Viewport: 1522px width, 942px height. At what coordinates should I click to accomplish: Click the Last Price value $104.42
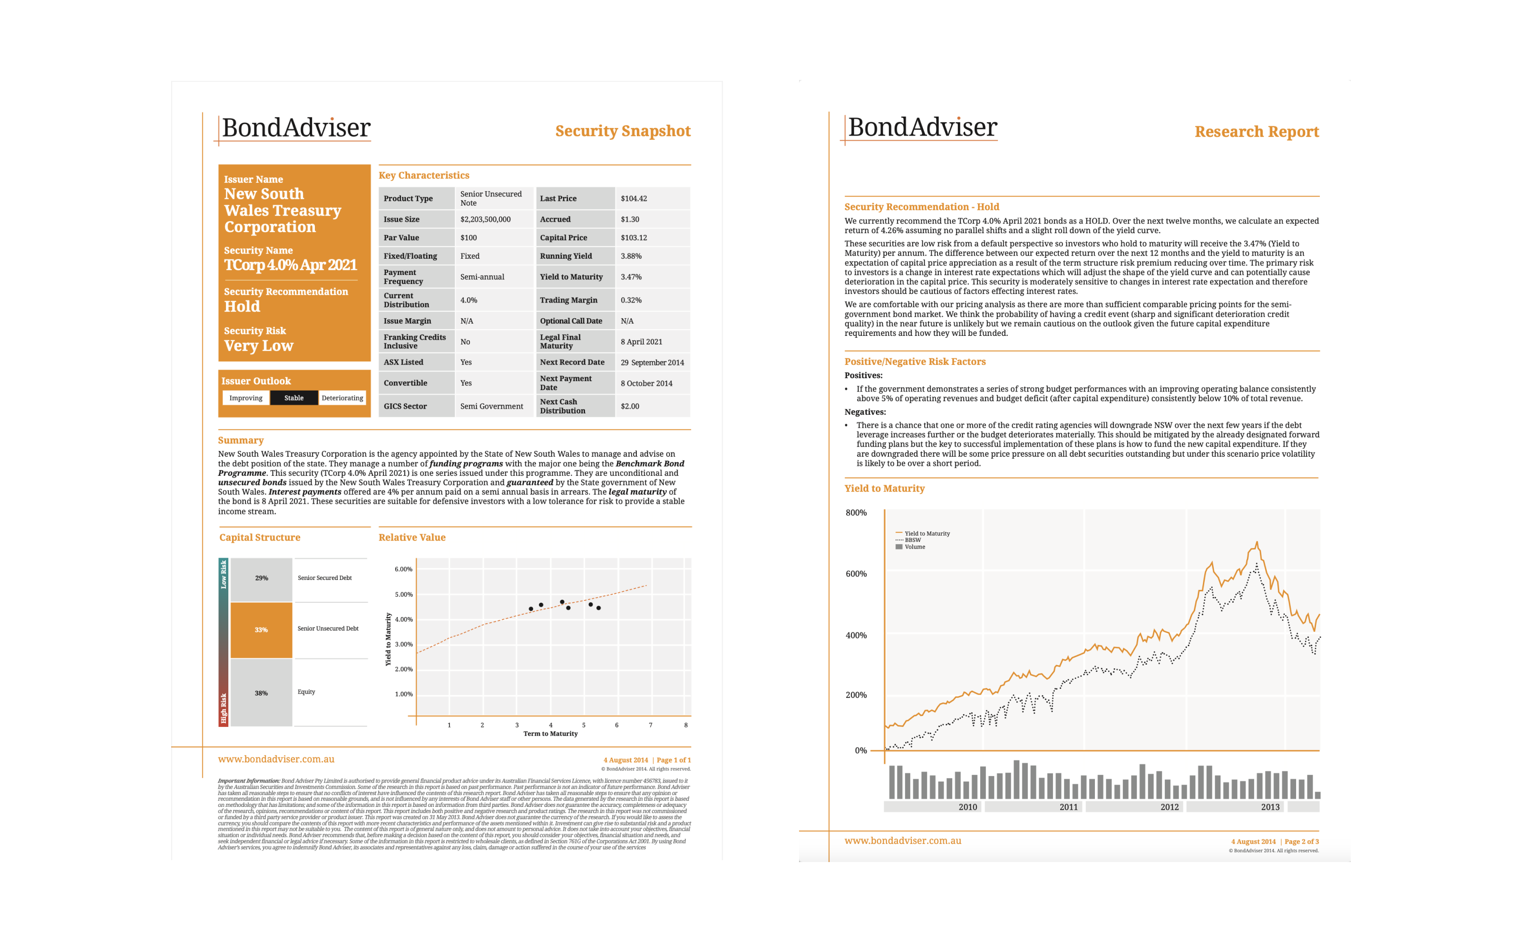[x=634, y=199]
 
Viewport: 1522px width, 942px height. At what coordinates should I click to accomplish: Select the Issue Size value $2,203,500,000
[x=485, y=219]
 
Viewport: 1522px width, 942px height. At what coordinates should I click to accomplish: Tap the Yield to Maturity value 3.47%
[x=631, y=276]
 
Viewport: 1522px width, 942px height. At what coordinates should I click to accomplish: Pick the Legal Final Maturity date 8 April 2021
[x=641, y=342]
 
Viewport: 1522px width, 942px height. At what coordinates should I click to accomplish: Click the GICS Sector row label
[x=405, y=406]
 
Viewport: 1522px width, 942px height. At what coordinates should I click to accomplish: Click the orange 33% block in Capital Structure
[x=261, y=630]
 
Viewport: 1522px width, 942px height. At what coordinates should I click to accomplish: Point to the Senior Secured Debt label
[x=324, y=578]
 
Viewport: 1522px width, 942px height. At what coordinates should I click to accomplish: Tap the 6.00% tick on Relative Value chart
[x=403, y=569]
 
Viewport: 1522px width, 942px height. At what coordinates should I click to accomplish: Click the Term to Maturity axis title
[x=550, y=734]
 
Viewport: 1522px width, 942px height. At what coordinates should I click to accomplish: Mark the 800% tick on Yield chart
[x=856, y=513]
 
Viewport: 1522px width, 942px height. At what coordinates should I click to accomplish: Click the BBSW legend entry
[x=912, y=540]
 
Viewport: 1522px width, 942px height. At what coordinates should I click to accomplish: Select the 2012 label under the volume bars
[x=1169, y=807]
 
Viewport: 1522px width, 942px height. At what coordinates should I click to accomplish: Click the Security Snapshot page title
[x=622, y=131]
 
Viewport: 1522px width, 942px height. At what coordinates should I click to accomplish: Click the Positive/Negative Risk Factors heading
[x=914, y=362]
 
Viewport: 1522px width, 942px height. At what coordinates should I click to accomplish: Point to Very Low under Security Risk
[x=258, y=346]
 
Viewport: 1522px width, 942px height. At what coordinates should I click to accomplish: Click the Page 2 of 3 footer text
[x=1301, y=842]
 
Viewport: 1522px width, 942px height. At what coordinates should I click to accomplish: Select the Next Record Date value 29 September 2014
[x=652, y=363]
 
